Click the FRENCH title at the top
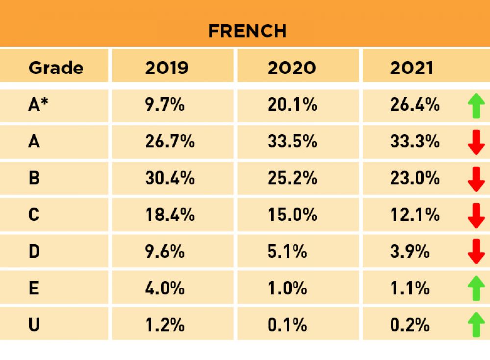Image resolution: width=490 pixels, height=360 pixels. (247, 31)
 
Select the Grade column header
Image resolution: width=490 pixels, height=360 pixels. (56, 68)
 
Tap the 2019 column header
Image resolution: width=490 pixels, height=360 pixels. (167, 68)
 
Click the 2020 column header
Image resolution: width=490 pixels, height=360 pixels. (291, 68)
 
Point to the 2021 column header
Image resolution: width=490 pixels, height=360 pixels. (412, 68)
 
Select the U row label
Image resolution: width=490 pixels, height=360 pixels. (34, 325)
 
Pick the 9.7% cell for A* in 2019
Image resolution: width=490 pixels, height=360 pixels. (165, 105)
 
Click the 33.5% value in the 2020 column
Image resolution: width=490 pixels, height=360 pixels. (292, 142)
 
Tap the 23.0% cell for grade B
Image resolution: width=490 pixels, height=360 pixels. (415, 178)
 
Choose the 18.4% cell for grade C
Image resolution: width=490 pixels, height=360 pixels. (170, 215)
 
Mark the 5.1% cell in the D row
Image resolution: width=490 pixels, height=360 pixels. (287, 252)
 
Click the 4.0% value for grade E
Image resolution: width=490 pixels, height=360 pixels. (165, 288)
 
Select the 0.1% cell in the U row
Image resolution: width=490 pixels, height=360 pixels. (287, 325)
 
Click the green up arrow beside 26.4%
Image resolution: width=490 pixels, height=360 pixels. (476, 106)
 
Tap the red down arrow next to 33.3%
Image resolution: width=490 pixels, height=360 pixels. (476, 143)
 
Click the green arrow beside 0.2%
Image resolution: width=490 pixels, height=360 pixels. (476, 325)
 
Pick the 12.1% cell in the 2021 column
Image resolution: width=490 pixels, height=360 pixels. (415, 215)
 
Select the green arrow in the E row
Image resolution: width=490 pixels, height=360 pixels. (476, 288)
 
